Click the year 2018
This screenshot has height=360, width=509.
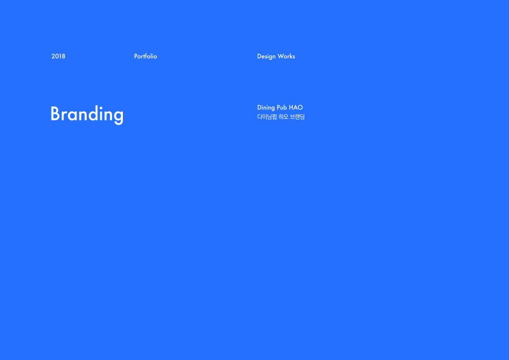(x=58, y=56)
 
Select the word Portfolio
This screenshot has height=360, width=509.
(x=146, y=56)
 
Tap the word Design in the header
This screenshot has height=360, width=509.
(x=266, y=57)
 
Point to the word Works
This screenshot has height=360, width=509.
(x=286, y=56)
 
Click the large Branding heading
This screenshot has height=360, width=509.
(x=87, y=114)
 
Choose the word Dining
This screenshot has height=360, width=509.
(x=266, y=108)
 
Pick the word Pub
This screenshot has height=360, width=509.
(x=282, y=108)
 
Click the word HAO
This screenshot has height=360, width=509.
(x=296, y=108)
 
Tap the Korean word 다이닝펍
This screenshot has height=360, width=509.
(x=267, y=117)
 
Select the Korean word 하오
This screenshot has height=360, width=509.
(x=284, y=117)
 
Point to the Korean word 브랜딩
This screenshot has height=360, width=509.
(x=297, y=117)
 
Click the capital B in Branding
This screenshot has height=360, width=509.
(x=56, y=114)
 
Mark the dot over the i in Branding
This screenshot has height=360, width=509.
(x=101, y=107)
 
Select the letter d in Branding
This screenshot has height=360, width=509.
(x=92, y=113)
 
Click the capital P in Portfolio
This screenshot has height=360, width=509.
(x=136, y=56)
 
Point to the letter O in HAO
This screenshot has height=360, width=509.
(x=300, y=108)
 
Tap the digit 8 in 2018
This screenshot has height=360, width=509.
(x=63, y=56)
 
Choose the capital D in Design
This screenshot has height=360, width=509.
(x=259, y=56)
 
